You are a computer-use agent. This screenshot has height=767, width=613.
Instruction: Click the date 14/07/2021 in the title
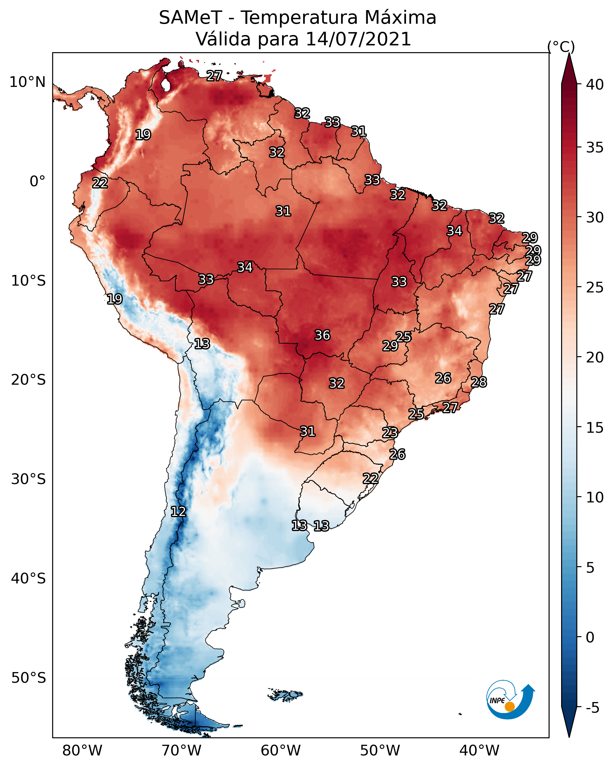pos(358,39)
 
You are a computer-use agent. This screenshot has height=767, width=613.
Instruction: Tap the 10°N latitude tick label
pos(27,82)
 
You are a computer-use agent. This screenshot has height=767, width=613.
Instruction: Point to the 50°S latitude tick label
pos(28,678)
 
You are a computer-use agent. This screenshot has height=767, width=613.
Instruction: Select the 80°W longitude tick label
pos(82,751)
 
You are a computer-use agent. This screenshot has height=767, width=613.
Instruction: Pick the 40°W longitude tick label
pos(479,751)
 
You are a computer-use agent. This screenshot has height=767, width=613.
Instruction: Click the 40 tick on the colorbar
pos(595,85)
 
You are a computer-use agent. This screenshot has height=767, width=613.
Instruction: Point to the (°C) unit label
pos(561,47)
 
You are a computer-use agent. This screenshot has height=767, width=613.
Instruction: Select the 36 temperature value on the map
pos(322,335)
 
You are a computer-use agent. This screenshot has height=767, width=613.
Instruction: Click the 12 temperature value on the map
pos(178,512)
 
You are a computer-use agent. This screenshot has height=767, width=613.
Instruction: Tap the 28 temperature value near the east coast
pos(479,382)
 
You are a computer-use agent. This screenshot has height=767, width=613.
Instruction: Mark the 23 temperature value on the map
pos(390,433)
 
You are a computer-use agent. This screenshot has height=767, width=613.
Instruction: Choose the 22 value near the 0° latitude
pos(100,183)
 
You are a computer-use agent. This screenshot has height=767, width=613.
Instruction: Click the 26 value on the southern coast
pos(397,454)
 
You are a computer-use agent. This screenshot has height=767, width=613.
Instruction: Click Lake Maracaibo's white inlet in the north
pos(165,85)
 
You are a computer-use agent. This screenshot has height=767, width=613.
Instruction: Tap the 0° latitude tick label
pos(37,182)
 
